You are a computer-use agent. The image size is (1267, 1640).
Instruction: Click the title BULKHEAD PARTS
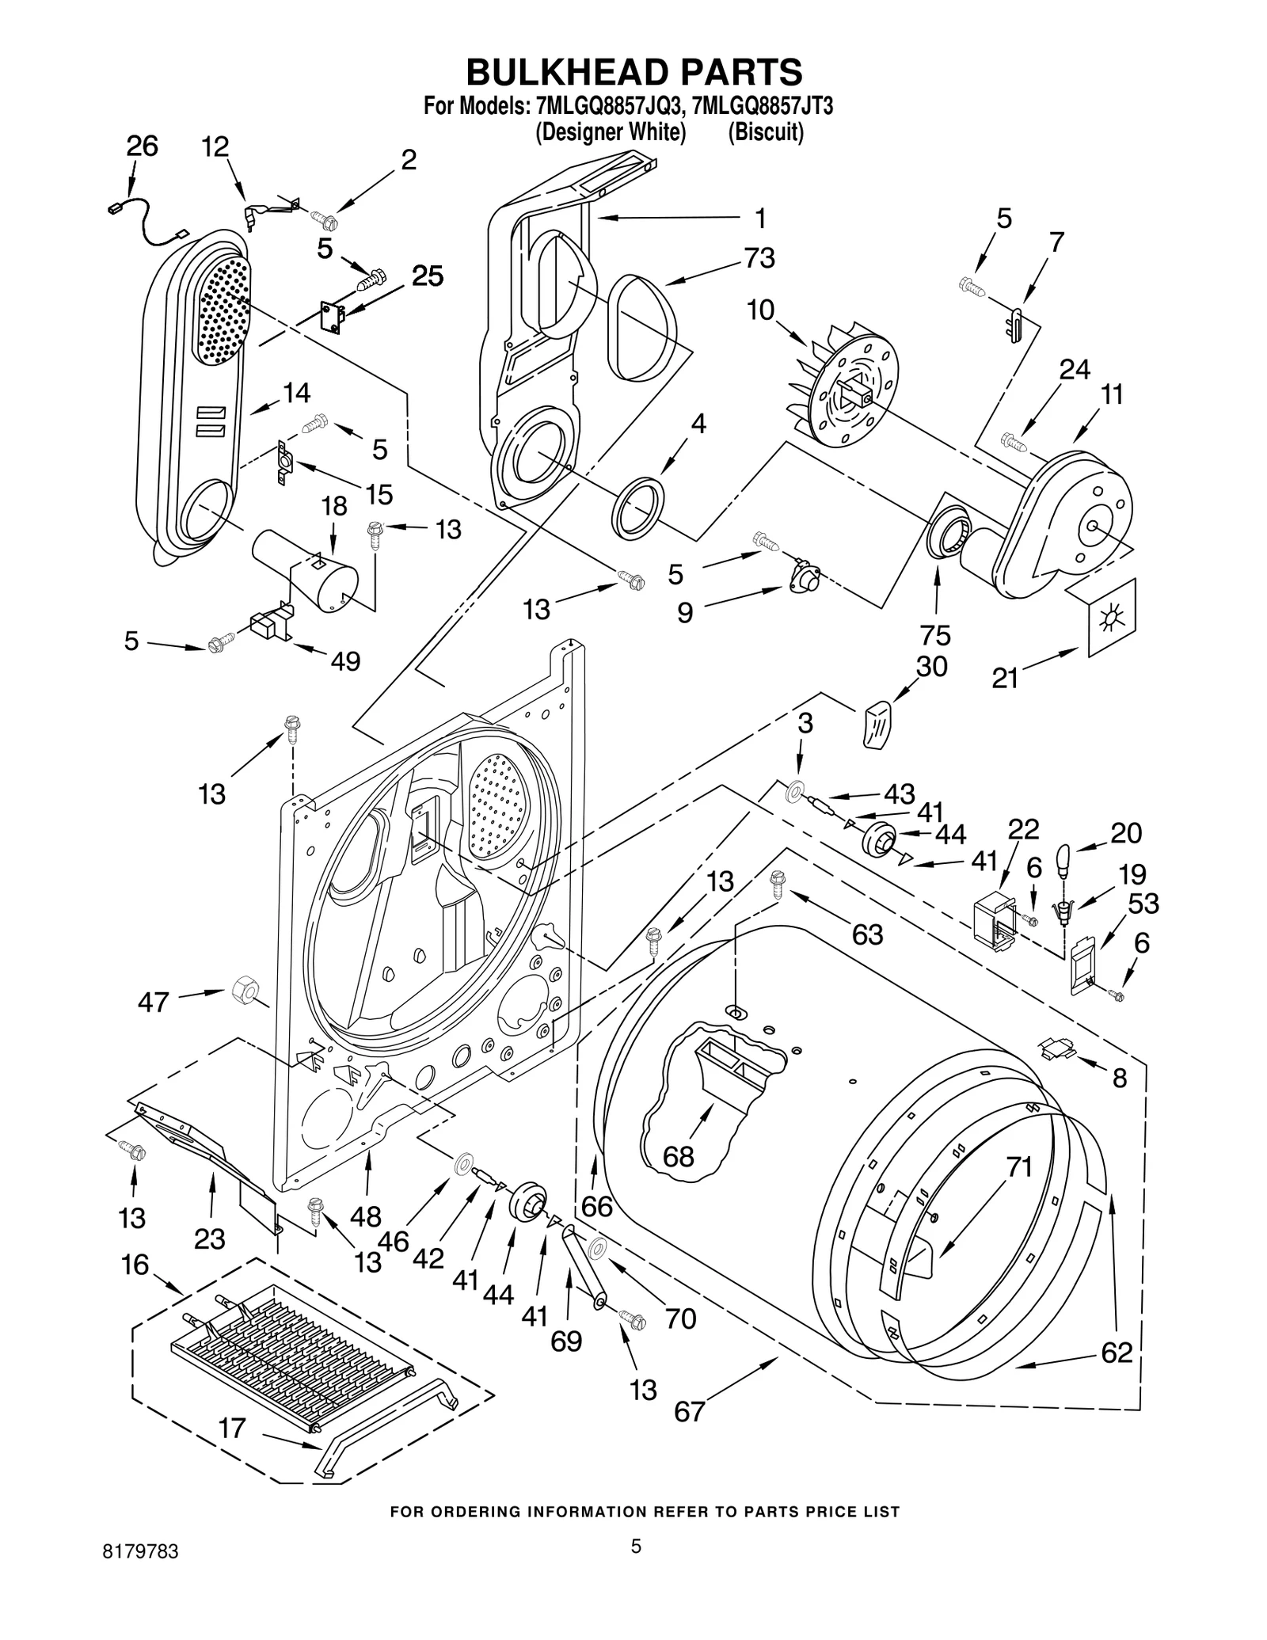633,72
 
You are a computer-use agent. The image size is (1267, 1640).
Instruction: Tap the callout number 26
142,146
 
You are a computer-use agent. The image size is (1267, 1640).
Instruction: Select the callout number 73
759,258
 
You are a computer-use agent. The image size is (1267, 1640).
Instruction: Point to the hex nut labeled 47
242,989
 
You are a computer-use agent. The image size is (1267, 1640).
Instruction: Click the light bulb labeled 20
1063,858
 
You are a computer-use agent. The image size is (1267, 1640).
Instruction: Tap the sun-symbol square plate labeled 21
1112,617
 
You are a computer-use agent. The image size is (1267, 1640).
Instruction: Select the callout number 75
935,635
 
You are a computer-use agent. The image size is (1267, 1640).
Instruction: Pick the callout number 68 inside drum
679,1157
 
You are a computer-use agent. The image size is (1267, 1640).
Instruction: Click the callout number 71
1019,1166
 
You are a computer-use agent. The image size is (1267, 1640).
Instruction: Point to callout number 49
345,660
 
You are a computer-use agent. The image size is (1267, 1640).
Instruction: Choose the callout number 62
1117,1353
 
